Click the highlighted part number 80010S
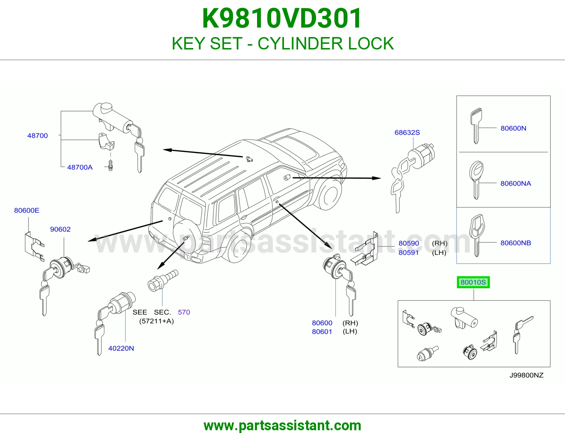(473, 282)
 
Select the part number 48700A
(80, 167)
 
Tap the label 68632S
(407, 132)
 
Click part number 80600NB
(516, 243)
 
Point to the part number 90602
(60, 229)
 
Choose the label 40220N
(121, 348)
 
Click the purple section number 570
(184, 312)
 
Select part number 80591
(409, 253)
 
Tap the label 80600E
(27, 211)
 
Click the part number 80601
(322, 332)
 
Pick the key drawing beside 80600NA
(476, 180)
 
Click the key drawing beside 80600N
(476, 126)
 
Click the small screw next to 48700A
(111, 165)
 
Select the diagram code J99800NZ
(526, 375)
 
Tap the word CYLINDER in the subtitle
(301, 43)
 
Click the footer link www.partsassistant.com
(282, 426)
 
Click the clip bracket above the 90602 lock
(34, 246)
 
